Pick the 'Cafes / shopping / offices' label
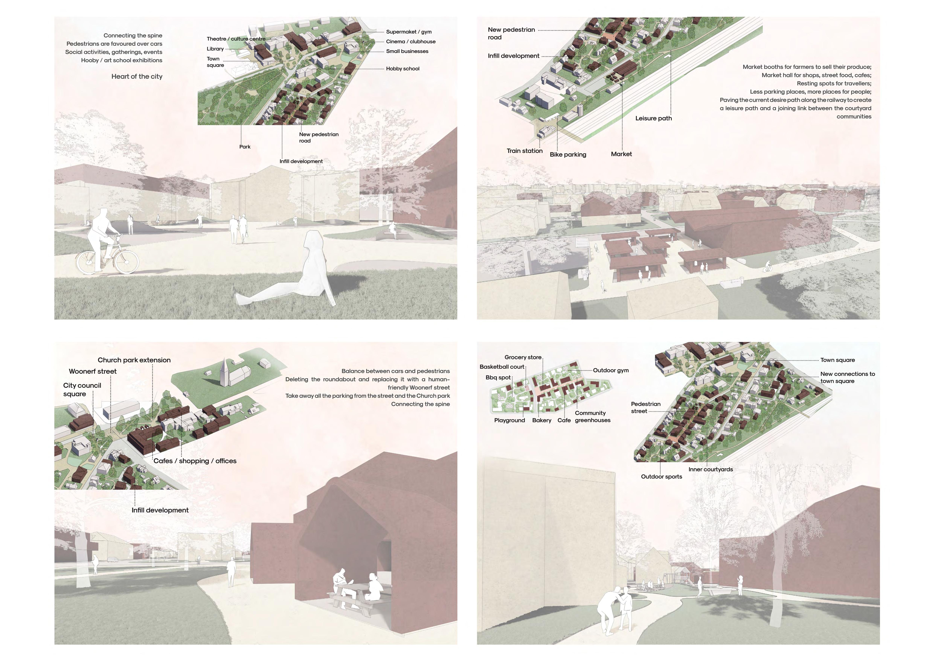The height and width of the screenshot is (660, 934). coord(195,461)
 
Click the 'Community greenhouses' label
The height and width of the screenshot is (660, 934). coord(592,417)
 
